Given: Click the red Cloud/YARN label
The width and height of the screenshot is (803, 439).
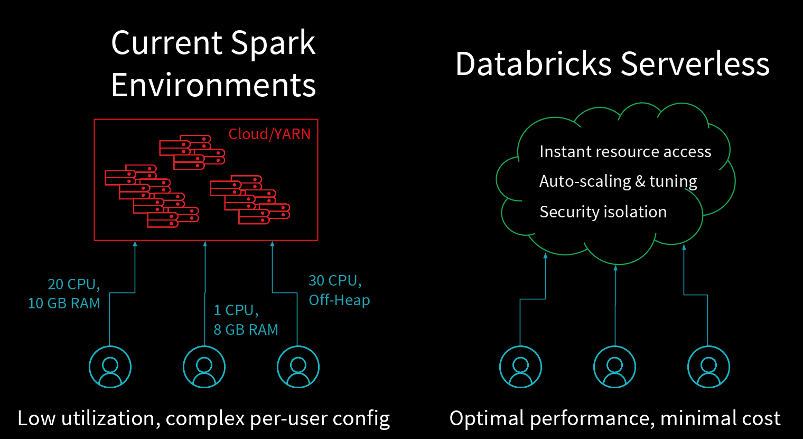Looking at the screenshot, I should (269, 134).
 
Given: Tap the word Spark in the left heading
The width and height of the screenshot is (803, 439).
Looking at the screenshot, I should (273, 43).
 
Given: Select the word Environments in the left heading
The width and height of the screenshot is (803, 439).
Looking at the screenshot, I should (213, 85).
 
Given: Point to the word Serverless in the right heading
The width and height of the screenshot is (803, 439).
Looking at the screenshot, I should (695, 64).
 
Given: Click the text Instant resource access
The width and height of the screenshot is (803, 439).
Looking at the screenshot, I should (625, 152).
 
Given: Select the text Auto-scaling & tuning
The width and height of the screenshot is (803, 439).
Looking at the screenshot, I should (618, 181).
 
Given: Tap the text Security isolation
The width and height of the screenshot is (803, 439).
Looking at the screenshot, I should (603, 212).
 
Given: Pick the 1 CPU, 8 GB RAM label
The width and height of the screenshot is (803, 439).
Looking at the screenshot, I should (246, 319).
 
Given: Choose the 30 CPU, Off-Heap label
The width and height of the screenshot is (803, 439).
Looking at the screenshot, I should (339, 290).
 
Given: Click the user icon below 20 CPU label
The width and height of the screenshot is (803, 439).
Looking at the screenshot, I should (110, 367).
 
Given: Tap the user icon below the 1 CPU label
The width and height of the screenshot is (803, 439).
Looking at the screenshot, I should (204, 367).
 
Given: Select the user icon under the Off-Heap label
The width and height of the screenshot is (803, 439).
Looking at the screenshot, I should (298, 367).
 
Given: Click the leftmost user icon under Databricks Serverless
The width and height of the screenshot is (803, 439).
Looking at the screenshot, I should (520, 367).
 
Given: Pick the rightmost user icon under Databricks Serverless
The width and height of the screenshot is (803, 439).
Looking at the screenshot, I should (708, 367).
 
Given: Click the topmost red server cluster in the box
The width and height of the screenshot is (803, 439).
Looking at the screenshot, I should (192, 152).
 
